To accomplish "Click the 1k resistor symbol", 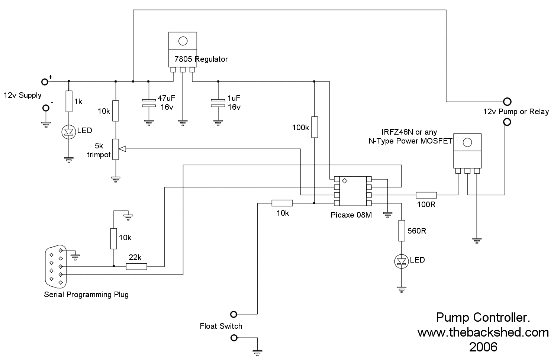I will pos(69,101).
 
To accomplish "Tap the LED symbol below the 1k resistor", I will pos(69,132).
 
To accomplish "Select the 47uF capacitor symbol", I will pos(148,103).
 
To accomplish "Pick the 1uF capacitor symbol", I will pos(218,103).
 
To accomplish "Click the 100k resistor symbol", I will pos(315,127).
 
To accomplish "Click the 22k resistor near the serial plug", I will pos(136,266).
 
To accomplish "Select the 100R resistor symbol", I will pos(426,195).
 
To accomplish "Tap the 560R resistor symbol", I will pos(402,231).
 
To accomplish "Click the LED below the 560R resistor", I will pos(402,261).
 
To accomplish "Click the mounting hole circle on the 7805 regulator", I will pos(183,41).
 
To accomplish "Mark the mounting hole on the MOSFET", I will pos(467,142).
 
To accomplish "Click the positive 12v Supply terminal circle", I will pos(45,81).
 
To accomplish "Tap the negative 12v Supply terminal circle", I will pos(46,108).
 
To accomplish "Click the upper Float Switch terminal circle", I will pos(233,314).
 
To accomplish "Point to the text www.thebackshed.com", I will pos(483,332).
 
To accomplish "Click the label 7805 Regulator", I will pos(201,59).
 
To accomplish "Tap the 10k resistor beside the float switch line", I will pos(282,203).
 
